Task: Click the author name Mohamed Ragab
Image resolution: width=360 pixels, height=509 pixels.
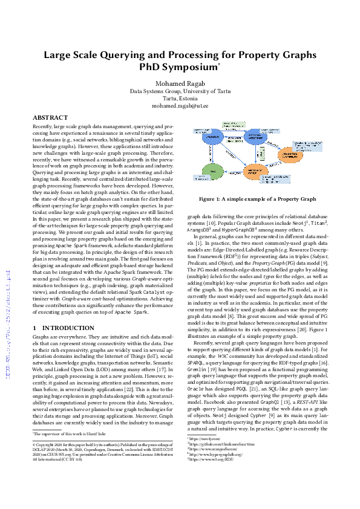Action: coord(180,83)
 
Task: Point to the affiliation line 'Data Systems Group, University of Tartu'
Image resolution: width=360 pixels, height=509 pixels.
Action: coord(180,91)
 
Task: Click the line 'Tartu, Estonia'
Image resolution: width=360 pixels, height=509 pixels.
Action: coord(180,98)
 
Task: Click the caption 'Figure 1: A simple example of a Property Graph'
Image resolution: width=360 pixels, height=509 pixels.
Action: coord(258,199)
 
